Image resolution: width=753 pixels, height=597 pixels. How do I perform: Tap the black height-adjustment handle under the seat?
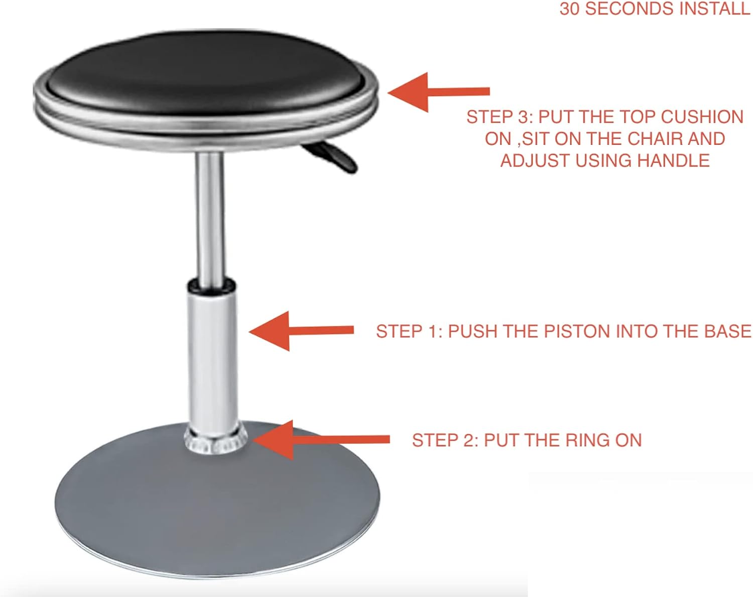pyautogui.click(x=331, y=157)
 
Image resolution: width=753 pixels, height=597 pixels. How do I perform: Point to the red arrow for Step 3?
pyautogui.click(x=439, y=92)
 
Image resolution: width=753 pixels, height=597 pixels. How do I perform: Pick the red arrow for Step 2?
pyautogui.click(x=320, y=440)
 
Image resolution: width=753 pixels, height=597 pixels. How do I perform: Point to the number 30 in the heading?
pyautogui.click(x=569, y=9)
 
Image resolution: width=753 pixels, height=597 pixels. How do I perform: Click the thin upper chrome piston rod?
pyautogui.click(x=209, y=216)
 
